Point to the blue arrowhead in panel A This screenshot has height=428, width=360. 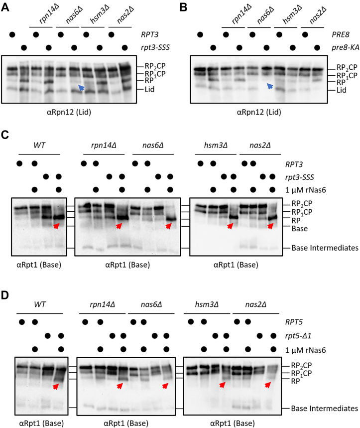click(x=80, y=88)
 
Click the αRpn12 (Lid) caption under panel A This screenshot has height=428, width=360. click(x=73, y=111)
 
